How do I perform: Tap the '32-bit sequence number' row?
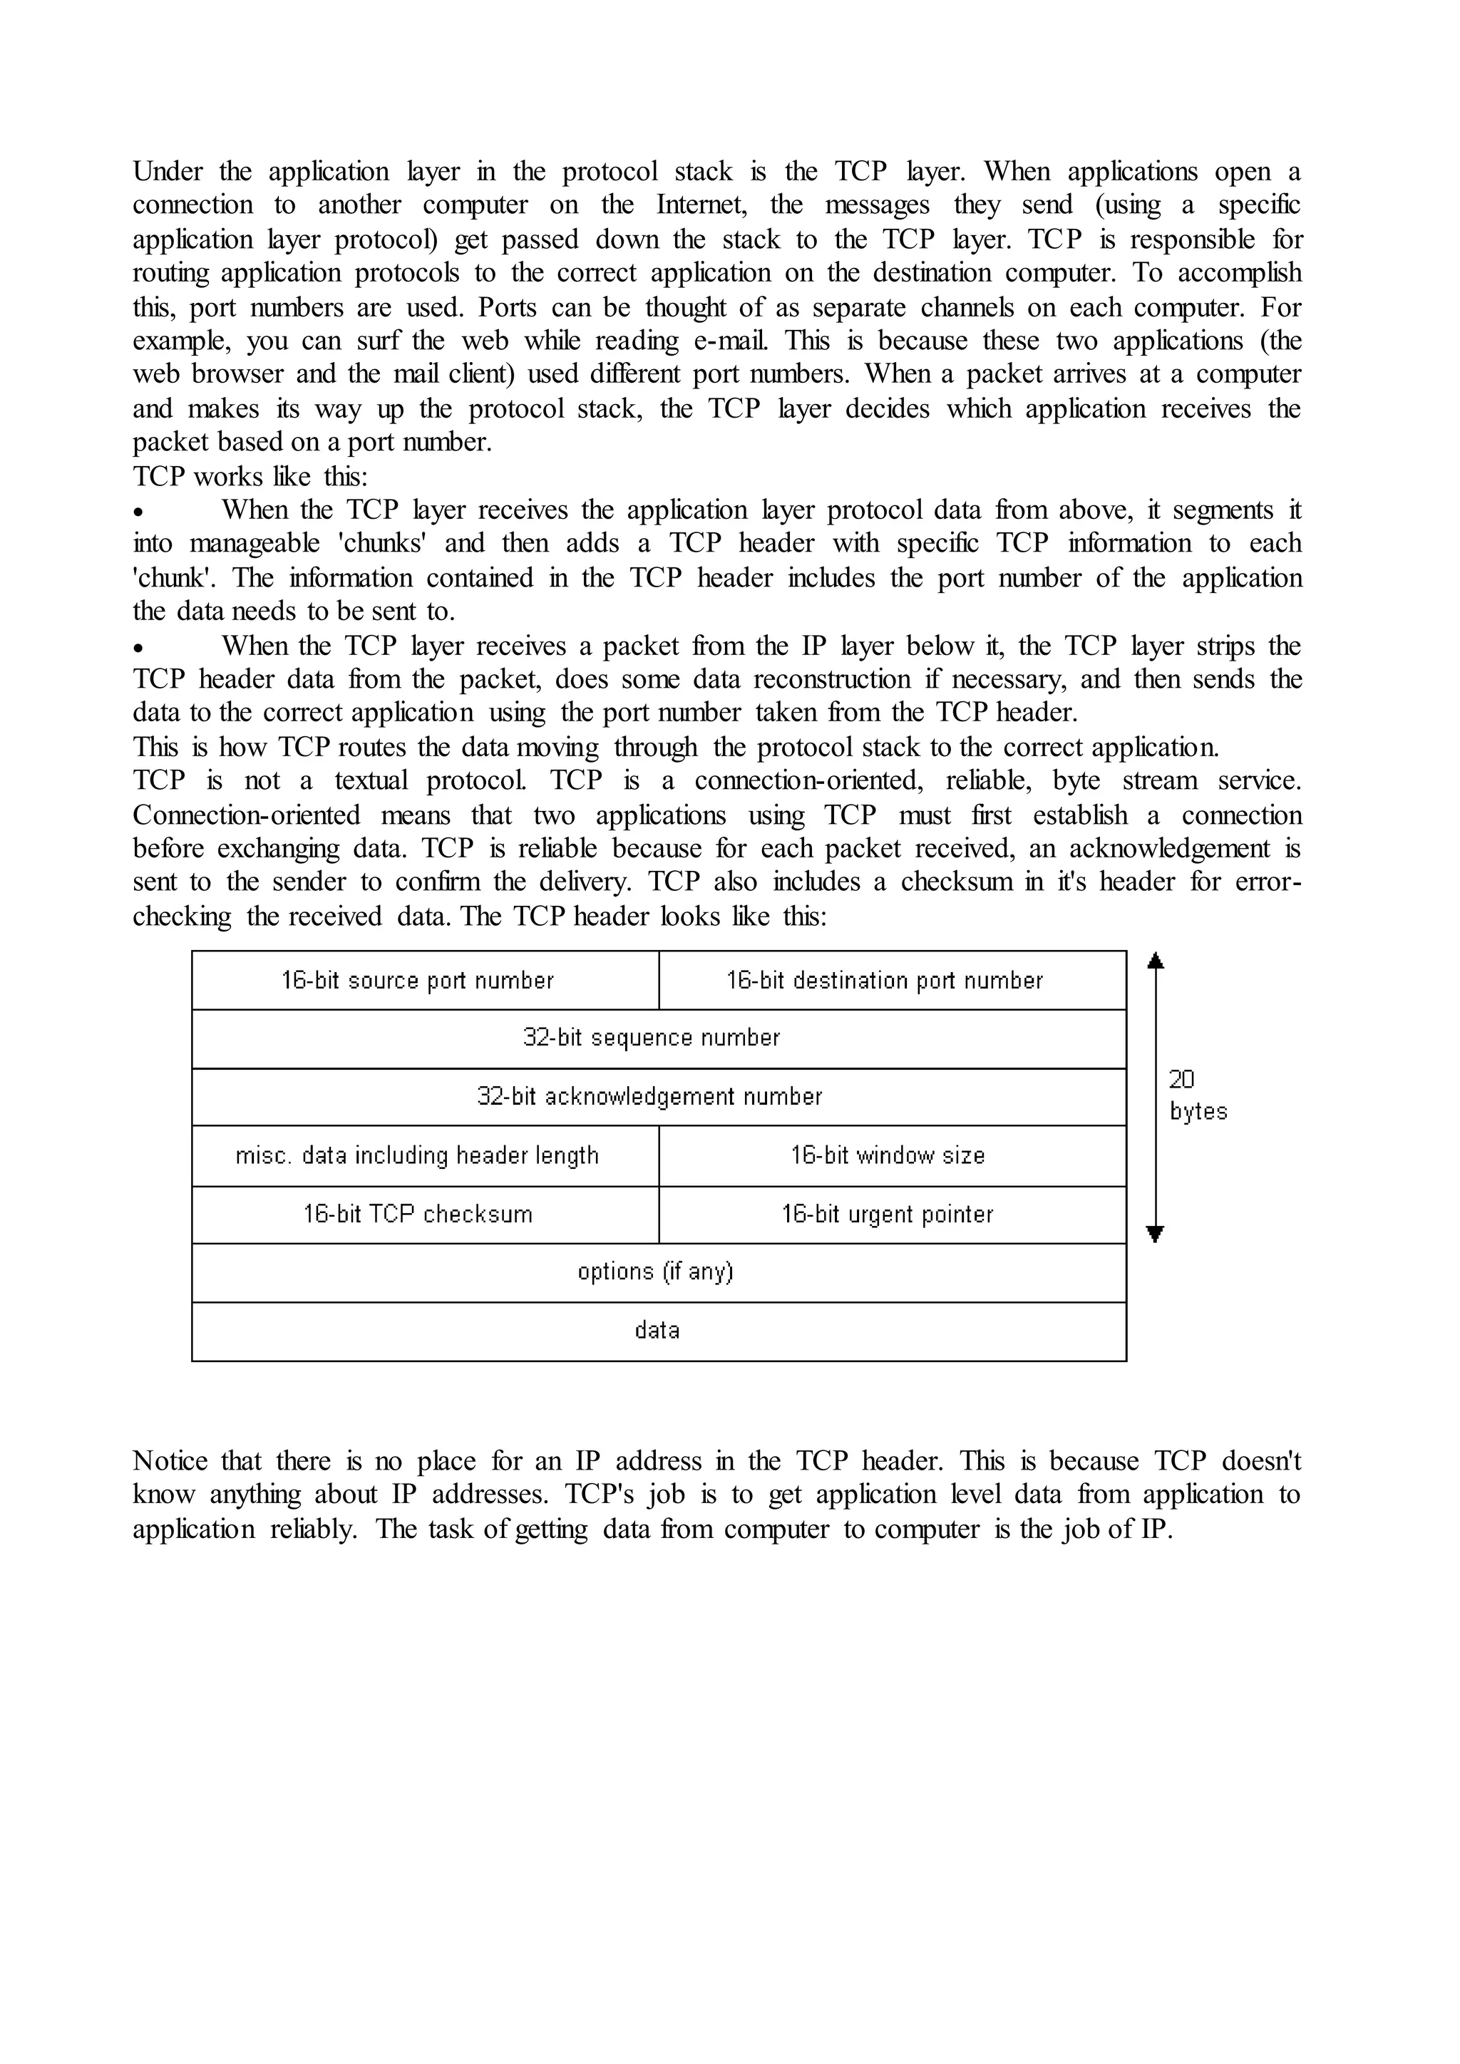(658, 1038)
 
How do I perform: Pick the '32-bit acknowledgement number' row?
(658, 1097)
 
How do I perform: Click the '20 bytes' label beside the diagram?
(1197, 1096)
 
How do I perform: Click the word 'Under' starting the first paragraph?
(168, 171)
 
